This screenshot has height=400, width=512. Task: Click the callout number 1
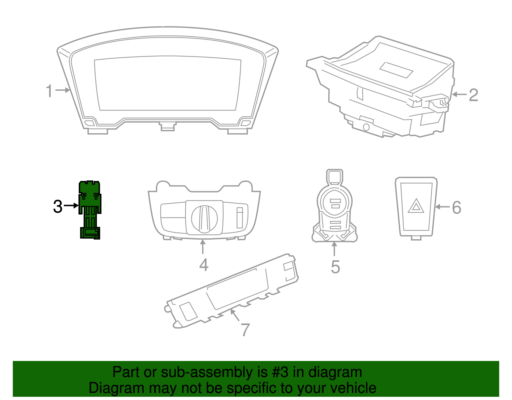pos(49,91)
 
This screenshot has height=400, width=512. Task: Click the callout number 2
pos(473,95)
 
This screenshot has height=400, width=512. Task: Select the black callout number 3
pos(58,206)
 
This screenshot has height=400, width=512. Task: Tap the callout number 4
pos(204,265)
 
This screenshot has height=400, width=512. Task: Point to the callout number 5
pos(335,267)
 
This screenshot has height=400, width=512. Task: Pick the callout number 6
pos(457,208)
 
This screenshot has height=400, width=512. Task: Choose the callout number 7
pos(245,330)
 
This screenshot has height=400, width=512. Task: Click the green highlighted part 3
pos(90,209)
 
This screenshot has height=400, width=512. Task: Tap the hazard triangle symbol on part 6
pos(416,206)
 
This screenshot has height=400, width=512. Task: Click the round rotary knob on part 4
pos(204,219)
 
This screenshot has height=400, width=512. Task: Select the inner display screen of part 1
pos(168,84)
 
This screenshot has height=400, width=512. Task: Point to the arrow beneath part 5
pos(334,249)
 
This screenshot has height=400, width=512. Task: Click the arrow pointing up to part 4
pos(203,247)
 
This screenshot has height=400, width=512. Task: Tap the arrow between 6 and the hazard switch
pos(442,207)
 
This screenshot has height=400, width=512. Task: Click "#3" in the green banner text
pos(280,372)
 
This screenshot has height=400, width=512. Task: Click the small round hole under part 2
pos(366,127)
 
